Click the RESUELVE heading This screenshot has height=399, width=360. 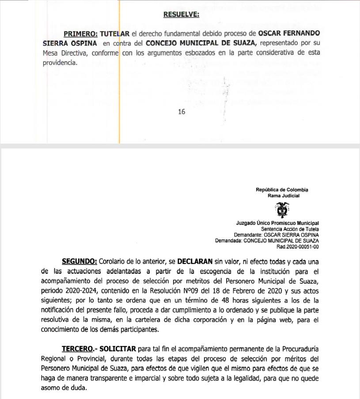181,15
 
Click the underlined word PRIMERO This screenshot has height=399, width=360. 81,34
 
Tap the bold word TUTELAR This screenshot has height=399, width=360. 115,34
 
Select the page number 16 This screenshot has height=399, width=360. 182,112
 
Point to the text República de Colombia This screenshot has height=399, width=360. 282,190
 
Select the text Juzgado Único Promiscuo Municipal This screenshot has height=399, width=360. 277,223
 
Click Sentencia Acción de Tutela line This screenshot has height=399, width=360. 290,229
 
